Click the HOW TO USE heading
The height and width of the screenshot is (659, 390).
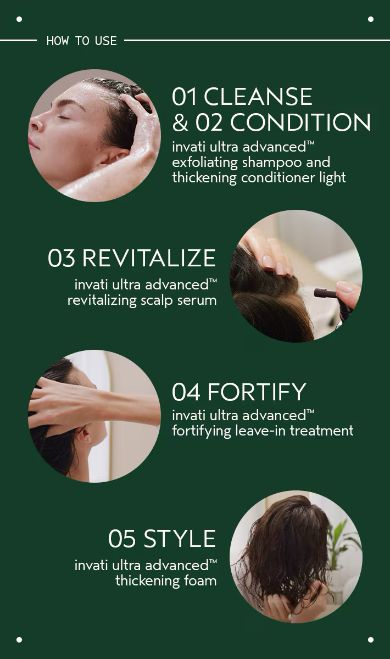tap(81, 41)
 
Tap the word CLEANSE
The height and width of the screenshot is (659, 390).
tap(258, 97)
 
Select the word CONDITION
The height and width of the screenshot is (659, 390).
tap(300, 122)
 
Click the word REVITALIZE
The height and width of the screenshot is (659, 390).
tap(149, 258)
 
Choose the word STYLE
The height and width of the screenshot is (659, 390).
tap(180, 539)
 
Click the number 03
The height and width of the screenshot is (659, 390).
tap(62, 258)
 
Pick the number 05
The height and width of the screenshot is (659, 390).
tap(122, 539)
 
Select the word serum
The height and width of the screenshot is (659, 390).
tap(197, 300)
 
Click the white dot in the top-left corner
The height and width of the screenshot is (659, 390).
tap(19, 19)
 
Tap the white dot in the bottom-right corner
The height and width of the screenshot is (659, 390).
tap(371, 640)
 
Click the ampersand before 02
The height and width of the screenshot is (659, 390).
tap(180, 123)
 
